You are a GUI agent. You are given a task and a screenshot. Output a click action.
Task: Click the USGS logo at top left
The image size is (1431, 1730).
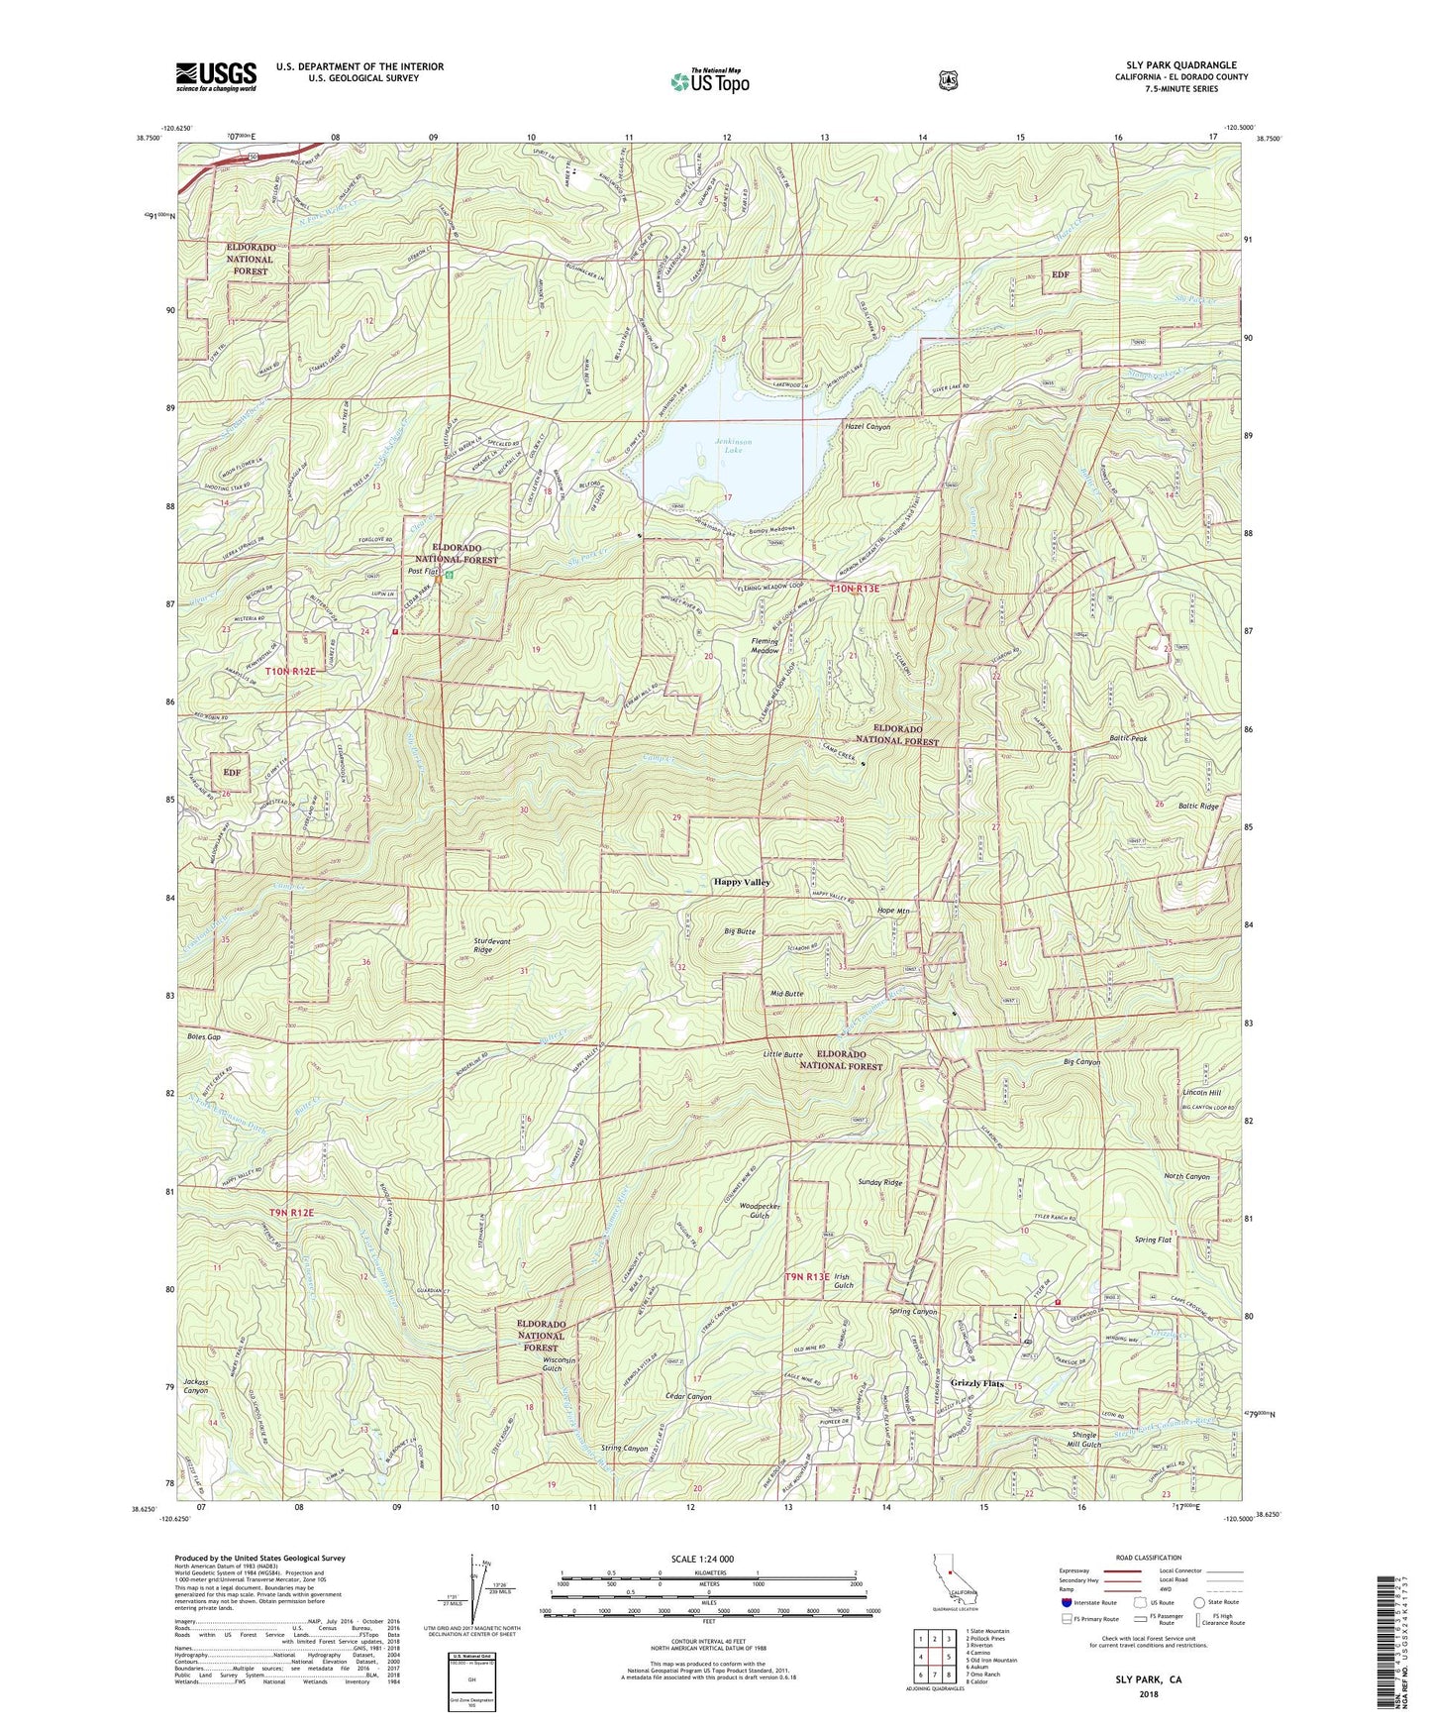[216, 76]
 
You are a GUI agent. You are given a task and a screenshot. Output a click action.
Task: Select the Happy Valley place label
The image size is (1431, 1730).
[742, 882]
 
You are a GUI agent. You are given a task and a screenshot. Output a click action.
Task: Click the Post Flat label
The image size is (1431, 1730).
[424, 572]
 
